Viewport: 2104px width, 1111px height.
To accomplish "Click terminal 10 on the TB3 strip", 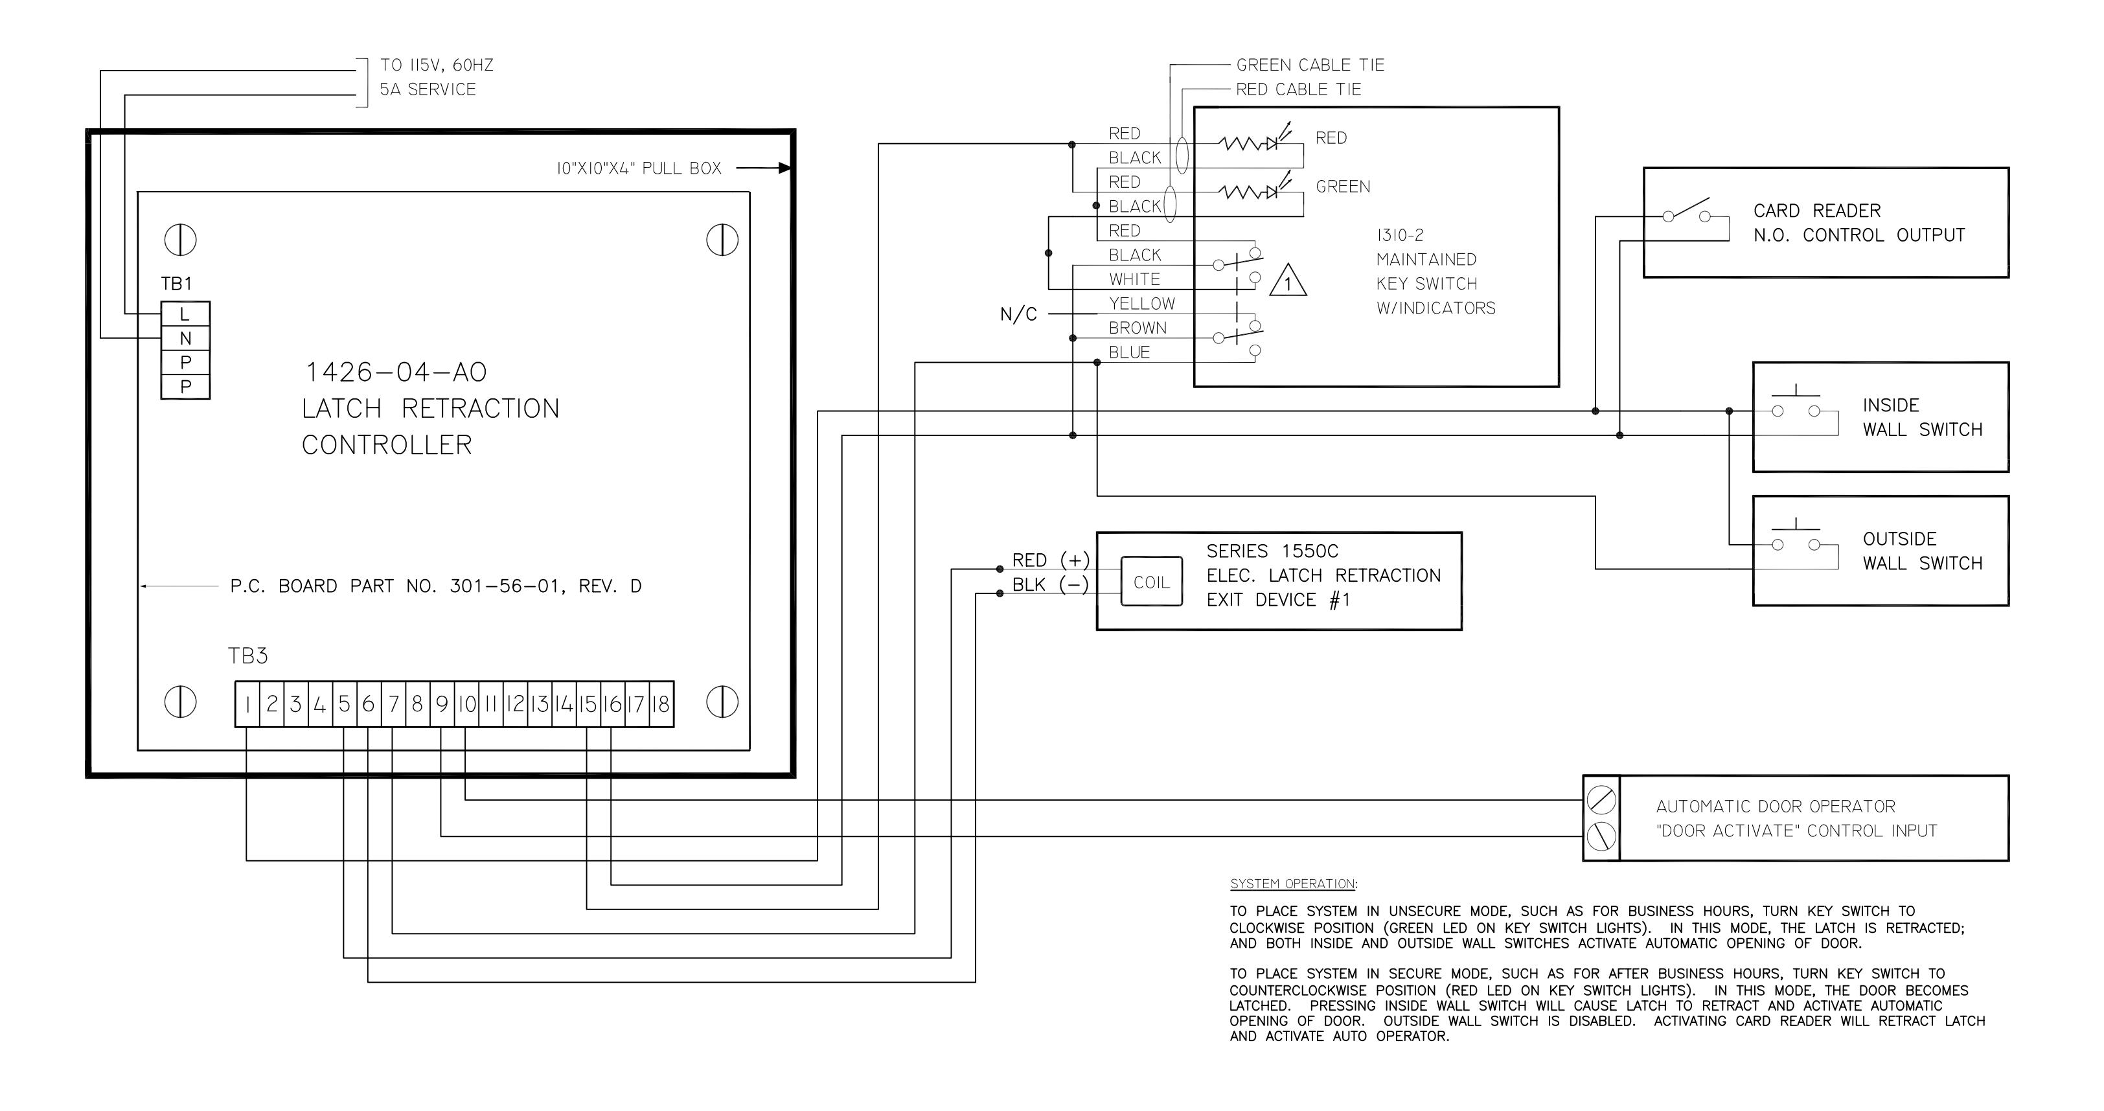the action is [x=466, y=704].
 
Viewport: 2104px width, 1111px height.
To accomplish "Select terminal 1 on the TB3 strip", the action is [x=247, y=704].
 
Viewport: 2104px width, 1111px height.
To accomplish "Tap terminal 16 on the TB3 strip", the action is [x=613, y=704].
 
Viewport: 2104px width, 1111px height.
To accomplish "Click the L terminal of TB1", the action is [x=185, y=314].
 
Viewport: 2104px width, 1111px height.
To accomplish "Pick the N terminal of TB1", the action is [x=185, y=338].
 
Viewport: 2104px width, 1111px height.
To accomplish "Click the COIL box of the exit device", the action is [x=1151, y=582].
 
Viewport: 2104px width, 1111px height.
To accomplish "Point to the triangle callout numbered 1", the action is [x=1288, y=281].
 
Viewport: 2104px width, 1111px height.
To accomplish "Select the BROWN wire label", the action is [x=1138, y=328].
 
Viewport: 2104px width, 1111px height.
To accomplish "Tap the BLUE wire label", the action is [x=1130, y=353].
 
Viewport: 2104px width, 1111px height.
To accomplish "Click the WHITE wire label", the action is [x=1134, y=279].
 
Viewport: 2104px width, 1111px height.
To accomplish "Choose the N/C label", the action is [x=1018, y=314].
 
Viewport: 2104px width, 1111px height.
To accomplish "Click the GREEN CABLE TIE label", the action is [x=1310, y=65].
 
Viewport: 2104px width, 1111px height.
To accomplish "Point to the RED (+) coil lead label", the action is [x=1050, y=560].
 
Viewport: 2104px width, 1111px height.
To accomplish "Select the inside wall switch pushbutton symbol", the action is [x=1795, y=404].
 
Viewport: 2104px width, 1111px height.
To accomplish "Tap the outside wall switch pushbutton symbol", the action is [x=1795, y=538].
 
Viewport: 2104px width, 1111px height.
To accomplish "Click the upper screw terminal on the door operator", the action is [x=1601, y=800].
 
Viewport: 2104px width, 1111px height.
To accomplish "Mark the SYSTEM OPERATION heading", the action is [x=1294, y=884].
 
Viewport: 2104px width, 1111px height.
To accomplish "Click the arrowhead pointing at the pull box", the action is [x=784, y=168].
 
